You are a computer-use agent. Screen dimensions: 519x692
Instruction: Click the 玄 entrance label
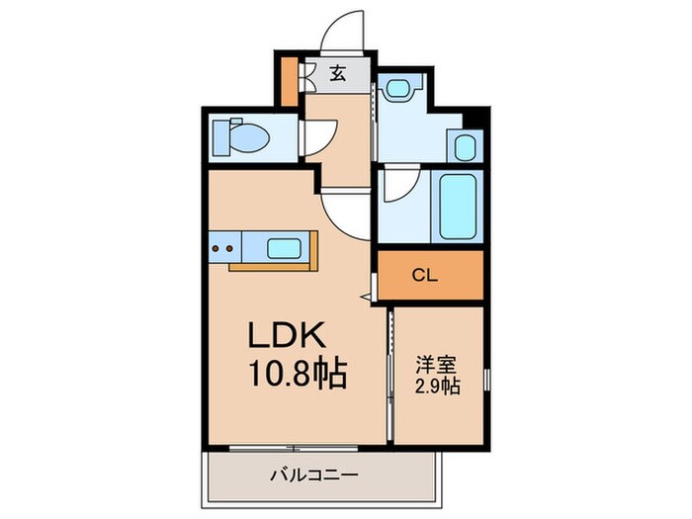[338, 72]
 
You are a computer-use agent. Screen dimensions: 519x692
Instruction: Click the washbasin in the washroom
[399, 90]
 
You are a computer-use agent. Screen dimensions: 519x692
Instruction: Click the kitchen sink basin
[286, 247]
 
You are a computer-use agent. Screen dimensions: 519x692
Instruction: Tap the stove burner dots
[222, 248]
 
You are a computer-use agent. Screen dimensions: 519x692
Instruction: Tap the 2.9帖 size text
[436, 385]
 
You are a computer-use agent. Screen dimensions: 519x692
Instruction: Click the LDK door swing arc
[343, 211]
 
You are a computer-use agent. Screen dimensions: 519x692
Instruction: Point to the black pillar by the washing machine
[471, 122]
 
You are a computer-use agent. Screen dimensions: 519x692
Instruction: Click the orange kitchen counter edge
[272, 266]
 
